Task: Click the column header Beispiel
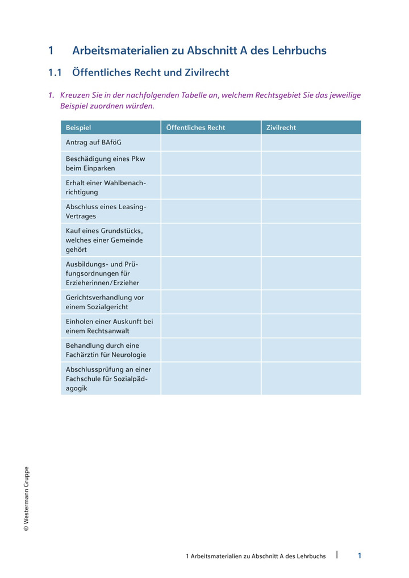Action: coord(78,128)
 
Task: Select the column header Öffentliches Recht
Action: coord(195,128)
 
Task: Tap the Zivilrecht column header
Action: coord(281,128)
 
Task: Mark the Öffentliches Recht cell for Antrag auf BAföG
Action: coord(211,143)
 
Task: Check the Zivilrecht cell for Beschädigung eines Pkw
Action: coord(311,163)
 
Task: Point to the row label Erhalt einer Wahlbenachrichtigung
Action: coord(106,187)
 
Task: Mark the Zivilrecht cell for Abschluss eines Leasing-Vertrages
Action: coord(311,211)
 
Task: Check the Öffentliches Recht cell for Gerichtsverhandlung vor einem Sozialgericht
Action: coord(211,302)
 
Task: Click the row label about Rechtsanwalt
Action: coord(109,326)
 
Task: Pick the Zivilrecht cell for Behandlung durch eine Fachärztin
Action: coord(311,350)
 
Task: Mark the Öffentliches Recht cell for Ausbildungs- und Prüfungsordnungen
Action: coord(211,273)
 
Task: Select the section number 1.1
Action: coord(55,73)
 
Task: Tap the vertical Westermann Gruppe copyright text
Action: coord(26,499)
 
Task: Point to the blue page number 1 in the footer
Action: coord(359,556)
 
